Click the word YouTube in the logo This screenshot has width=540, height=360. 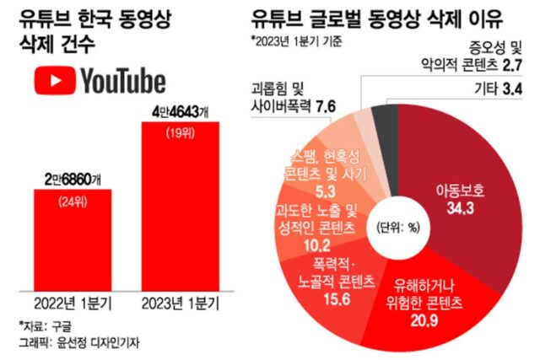[122, 81]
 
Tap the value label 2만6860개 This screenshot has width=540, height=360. [72, 179]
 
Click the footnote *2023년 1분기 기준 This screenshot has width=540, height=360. [300, 40]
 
